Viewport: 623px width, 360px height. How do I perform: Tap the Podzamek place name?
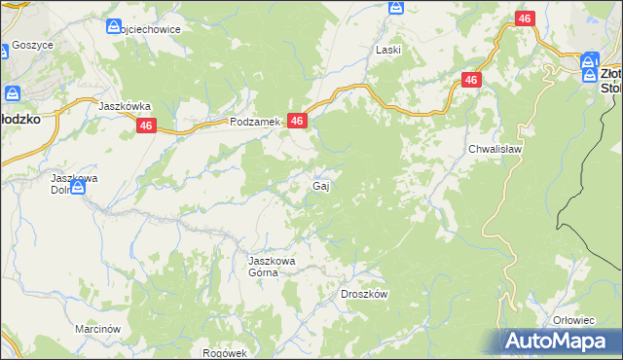[255, 123]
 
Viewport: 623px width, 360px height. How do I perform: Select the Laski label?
[389, 49]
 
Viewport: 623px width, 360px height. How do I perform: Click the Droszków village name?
[365, 294]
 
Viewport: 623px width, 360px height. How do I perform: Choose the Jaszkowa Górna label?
[271, 267]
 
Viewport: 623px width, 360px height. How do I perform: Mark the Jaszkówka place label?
[125, 105]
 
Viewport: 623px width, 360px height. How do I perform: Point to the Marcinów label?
[96, 329]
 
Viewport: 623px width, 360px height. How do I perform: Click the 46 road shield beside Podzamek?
[298, 121]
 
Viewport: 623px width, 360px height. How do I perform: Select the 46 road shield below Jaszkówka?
[146, 126]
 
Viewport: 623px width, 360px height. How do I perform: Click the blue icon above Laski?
[396, 8]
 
